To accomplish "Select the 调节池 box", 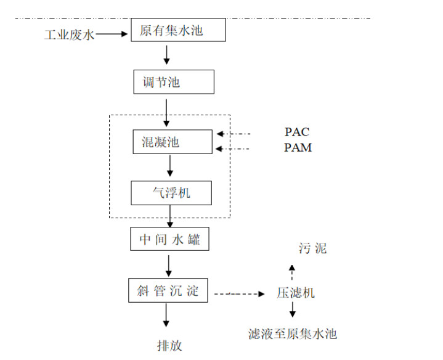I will pos(174,81).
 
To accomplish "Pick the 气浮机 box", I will pos(171,192).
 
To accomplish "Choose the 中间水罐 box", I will pos(169,239).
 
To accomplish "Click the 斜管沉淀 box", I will pos(169,290).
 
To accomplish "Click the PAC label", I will pos(297,132).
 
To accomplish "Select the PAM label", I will pos(298,148).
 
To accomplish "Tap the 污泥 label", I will pos(313,248).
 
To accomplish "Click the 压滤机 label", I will pos(296,293).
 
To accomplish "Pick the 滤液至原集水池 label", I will pos(293,334).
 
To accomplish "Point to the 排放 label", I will pos(169,345).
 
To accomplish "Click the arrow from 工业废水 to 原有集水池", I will pos(112,35).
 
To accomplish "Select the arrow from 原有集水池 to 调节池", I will pos(166,54).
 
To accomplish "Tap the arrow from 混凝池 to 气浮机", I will pos(171,165).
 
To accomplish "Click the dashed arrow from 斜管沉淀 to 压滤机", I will pos(238,294).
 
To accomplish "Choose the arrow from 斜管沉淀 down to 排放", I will pos(165,315).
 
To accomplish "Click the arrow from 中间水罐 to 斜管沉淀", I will pos(168,264).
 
